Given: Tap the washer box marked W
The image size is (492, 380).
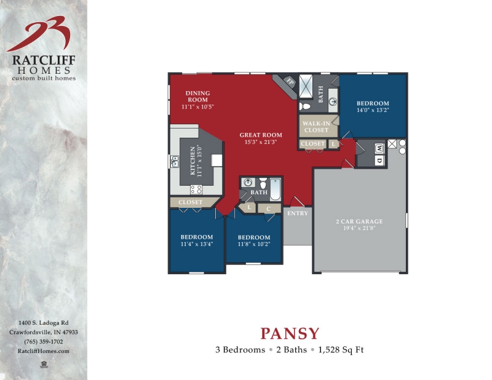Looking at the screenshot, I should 379,148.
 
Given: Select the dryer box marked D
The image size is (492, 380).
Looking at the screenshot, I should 379,160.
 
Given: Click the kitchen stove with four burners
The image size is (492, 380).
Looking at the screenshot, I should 196,189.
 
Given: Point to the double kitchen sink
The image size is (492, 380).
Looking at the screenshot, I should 174,162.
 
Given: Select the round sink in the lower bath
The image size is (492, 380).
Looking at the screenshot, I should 248,182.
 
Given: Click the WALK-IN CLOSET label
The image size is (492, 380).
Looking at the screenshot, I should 317,127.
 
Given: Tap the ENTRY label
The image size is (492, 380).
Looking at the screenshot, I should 298,213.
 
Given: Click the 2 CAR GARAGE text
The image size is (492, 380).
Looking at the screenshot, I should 359,221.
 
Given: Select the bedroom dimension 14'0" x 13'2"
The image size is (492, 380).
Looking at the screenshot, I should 373,111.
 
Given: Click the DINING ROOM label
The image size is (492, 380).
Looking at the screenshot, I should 197,97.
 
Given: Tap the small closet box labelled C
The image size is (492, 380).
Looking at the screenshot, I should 269,209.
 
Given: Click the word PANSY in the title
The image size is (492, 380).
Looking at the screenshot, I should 290,334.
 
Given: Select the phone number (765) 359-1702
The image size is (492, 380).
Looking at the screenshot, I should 43,341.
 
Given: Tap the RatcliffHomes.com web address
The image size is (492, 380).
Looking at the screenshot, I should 43,350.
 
